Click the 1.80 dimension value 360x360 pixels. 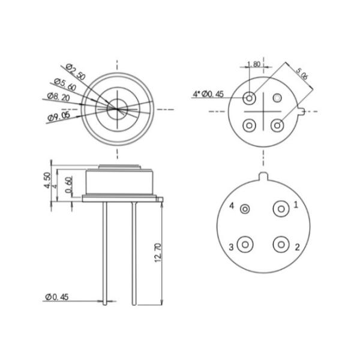tap(254, 64)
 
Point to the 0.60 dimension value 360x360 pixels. tap(69, 185)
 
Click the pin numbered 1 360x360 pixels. tap(280, 209)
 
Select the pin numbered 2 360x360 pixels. tap(280, 245)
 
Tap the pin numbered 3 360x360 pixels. tap(245, 245)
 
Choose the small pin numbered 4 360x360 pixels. tap(245, 209)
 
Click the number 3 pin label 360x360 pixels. tap(231, 247)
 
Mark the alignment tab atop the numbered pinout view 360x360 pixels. tap(262, 176)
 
